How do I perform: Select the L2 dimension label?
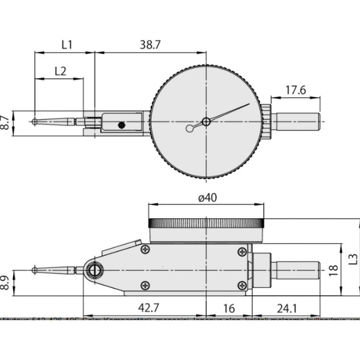pos(60,71)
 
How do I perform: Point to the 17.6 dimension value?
pos(296,90)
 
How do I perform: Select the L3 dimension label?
pos(354,258)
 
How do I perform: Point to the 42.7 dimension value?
pos(148,307)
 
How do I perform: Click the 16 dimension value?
pos(228,307)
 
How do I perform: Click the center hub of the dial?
pos(206,122)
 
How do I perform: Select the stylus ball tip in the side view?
pos(35,270)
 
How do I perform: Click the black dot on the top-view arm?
pos(121,125)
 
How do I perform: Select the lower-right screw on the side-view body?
pos(240,285)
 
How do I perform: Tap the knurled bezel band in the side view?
pos(206,223)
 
